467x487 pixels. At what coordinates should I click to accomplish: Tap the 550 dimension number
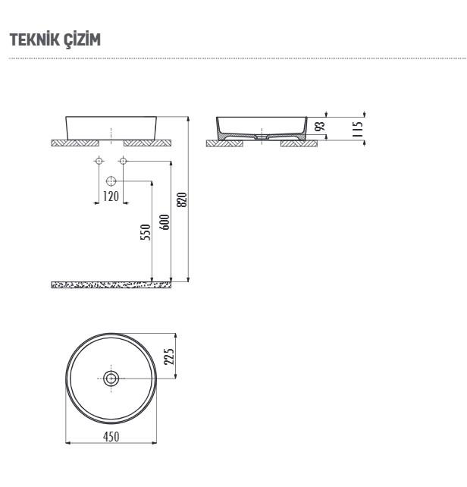click(x=146, y=231)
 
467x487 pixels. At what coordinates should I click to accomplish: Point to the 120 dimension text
click(x=111, y=197)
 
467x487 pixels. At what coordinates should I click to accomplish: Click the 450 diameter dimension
click(x=111, y=438)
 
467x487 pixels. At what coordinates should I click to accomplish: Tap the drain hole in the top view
click(x=111, y=378)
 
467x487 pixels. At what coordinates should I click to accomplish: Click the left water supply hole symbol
click(x=99, y=161)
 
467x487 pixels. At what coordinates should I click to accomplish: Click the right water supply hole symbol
click(x=124, y=161)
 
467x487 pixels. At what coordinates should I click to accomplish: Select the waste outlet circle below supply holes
click(x=111, y=181)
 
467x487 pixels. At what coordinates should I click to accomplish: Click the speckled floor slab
click(x=111, y=284)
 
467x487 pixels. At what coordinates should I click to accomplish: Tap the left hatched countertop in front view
click(x=75, y=142)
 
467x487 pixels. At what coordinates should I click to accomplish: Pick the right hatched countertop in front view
click(x=148, y=142)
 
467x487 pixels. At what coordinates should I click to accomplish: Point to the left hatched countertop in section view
click(x=224, y=143)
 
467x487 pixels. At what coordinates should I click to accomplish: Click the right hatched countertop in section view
click(x=298, y=143)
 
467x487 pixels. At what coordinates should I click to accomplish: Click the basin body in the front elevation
click(x=111, y=127)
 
